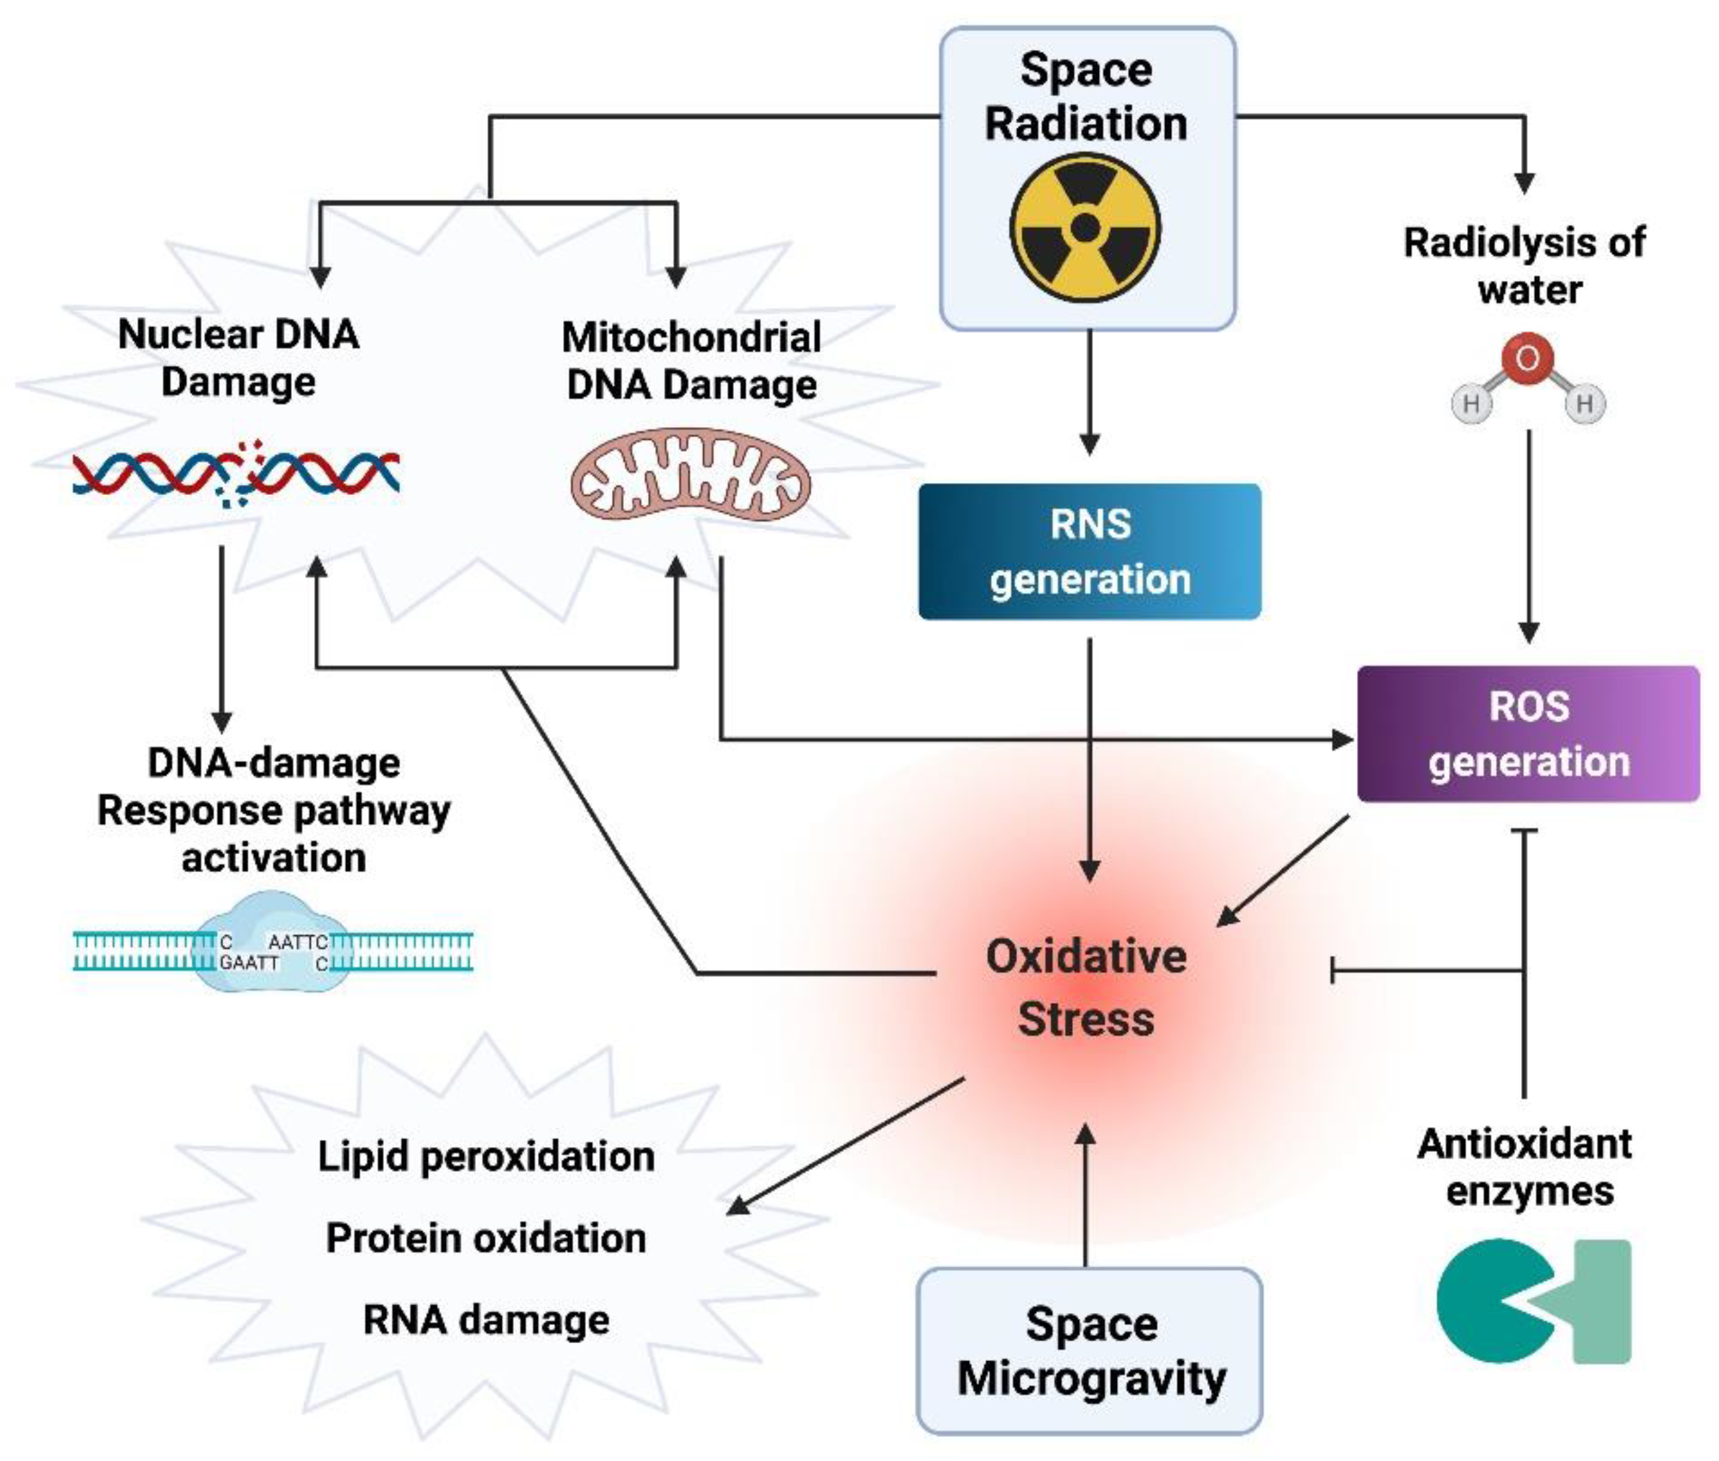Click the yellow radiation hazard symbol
(1084, 227)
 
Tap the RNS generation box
(1089, 552)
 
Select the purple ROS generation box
(1528, 733)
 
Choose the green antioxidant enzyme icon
(1532, 1301)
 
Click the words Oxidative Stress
(1086, 987)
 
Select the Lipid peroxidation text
(487, 1157)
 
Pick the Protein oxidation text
(487, 1238)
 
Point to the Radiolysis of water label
(1525, 266)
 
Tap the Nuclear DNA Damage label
(239, 358)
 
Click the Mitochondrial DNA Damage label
(692, 361)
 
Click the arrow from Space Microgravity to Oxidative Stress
(1085, 1195)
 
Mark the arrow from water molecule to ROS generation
(1528, 536)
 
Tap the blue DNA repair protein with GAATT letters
(273, 942)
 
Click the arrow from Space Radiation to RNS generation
(1089, 392)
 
